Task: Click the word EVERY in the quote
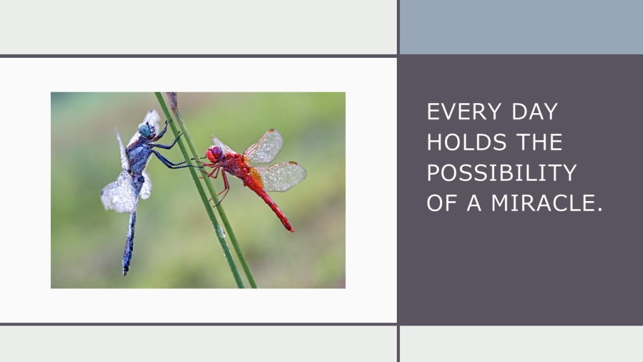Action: tap(464, 112)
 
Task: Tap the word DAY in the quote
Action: tap(535, 112)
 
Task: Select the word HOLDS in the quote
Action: tap(467, 142)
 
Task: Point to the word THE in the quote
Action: tap(539, 142)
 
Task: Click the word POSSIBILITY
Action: tap(502, 173)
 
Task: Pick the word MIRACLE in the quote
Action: tap(541, 203)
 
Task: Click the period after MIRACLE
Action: tap(598, 209)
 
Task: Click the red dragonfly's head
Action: tap(214, 153)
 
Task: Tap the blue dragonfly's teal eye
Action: tap(144, 129)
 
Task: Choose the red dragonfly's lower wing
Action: tap(279, 177)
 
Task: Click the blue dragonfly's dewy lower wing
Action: tap(119, 193)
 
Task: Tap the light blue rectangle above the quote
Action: tap(521, 26)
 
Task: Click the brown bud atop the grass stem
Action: tap(172, 101)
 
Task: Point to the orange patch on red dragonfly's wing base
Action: tap(256, 178)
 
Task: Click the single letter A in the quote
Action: tap(474, 203)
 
